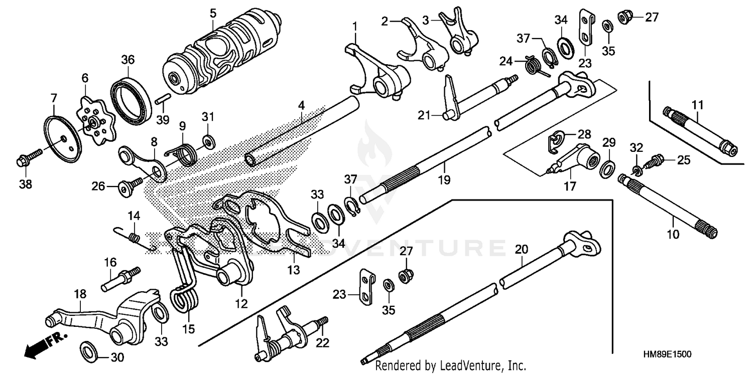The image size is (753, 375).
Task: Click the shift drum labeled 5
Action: [221, 58]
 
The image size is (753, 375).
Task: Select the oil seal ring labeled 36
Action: [131, 98]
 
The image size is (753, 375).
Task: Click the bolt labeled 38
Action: [26, 159]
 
